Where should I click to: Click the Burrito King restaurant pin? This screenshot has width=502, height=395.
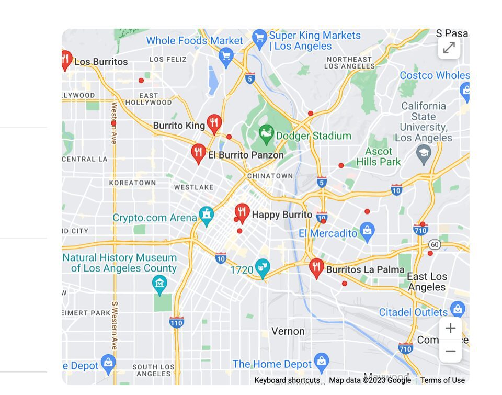214,123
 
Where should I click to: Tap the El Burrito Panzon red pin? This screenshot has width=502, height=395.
198,153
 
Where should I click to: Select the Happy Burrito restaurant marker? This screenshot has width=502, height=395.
242,212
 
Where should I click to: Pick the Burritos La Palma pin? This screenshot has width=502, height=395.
316,267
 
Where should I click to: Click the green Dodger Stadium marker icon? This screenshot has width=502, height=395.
266,135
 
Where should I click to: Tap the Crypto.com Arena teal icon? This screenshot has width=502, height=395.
207,216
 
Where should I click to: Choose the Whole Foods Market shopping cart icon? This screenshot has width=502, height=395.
226,57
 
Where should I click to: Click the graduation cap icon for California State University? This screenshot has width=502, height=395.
423,154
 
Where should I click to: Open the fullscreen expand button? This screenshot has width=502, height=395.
449,48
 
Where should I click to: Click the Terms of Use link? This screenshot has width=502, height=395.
442,380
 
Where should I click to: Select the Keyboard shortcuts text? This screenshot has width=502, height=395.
287,380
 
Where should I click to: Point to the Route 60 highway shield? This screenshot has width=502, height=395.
434,244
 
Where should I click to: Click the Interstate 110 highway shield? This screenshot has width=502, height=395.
177,322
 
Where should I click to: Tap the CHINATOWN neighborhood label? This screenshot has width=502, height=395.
270,176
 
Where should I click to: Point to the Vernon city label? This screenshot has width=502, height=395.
288,331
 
